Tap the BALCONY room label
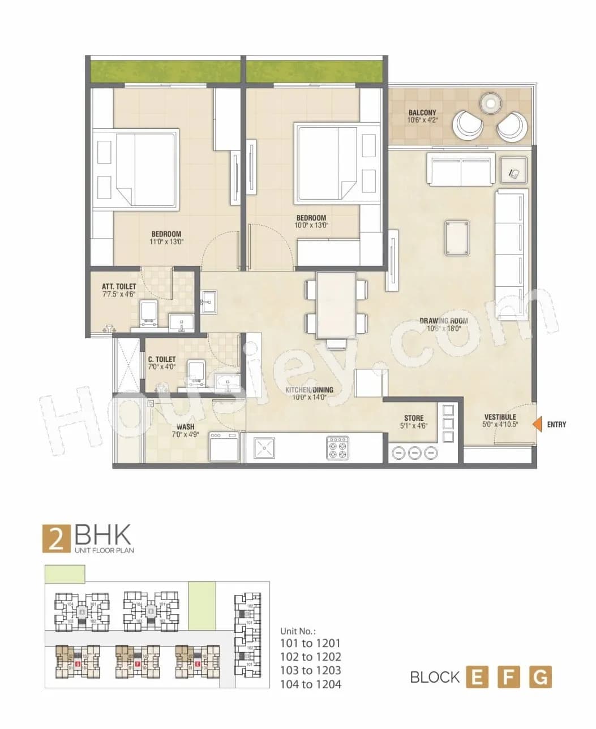tap(422, 113)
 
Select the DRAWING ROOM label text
tap(444, 321)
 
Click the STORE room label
tap(414, 418)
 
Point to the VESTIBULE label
tap(499, 417)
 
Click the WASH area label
tap(185, 427)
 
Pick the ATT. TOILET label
tap(119, 287)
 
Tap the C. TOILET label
tap(161, 359)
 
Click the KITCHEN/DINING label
tap(309, 390)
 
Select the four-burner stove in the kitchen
tap(338, 448)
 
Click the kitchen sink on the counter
tap(263, 448)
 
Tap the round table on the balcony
tap(490, 103)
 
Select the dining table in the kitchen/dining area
tap(336, 305)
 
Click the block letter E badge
tap(477, 677)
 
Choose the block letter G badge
tap(540, 677)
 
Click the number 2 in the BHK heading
tap(56, 539)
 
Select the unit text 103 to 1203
tap(310, 670)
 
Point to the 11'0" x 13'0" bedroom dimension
tap(166, 241)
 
